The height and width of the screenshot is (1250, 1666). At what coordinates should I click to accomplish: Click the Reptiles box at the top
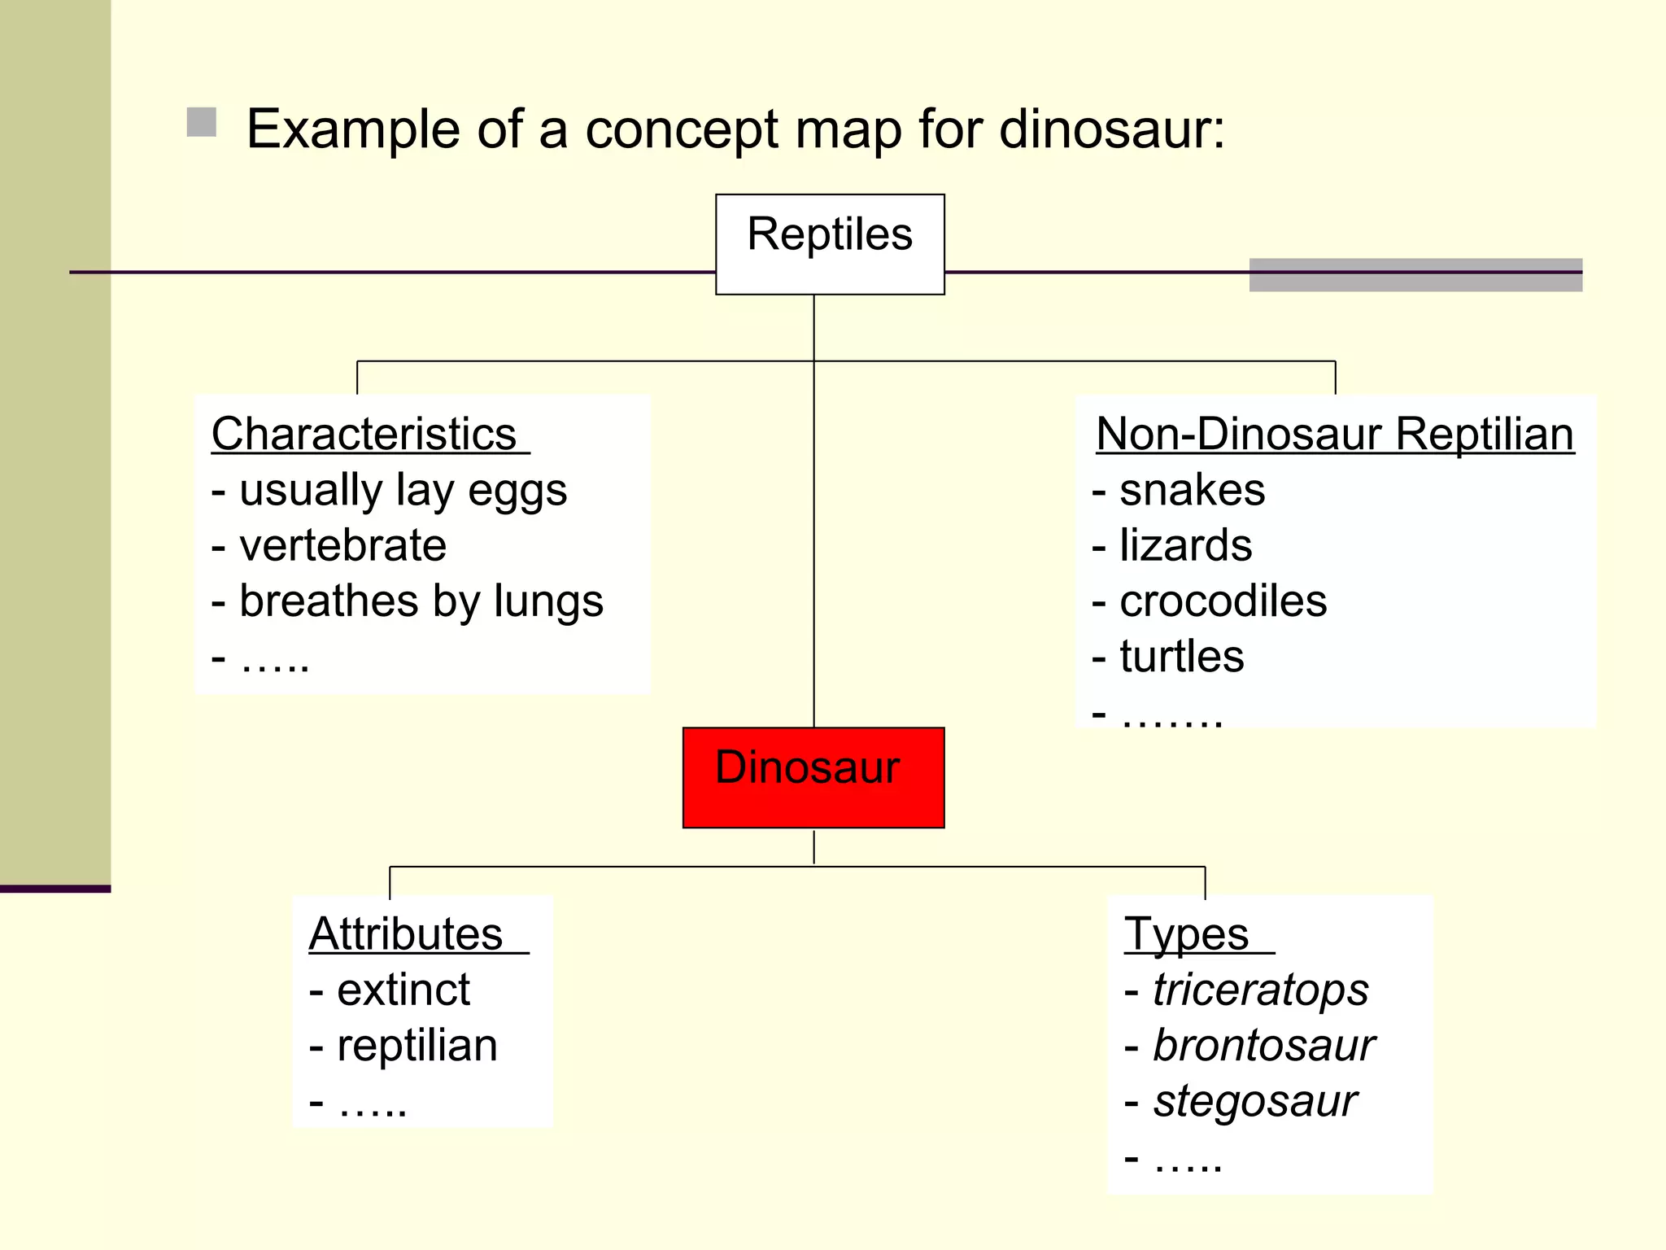point(830,243)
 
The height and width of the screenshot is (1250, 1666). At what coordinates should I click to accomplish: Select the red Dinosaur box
point(813,777)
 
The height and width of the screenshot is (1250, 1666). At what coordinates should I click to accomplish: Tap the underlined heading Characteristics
point(364,434)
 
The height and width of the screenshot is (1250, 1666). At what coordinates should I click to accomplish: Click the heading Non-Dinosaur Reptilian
point(1334,434)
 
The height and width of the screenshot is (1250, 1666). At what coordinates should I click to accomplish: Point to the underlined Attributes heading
point(406,933)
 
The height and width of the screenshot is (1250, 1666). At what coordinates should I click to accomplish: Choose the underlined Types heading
point(1187,933)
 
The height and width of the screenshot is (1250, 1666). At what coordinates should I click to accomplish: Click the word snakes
point(1193,490)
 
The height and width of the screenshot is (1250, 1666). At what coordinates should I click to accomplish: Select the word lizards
point(1186,545)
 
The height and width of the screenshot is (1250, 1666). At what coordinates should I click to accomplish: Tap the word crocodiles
point(1223,601)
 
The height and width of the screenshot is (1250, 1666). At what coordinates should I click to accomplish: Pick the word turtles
point(1182,657)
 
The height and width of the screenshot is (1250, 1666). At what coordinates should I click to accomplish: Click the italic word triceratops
point(1261,990)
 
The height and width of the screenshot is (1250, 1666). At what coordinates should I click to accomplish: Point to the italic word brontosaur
point(1264,1046)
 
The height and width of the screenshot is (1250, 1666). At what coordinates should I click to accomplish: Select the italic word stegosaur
point(1255,1101)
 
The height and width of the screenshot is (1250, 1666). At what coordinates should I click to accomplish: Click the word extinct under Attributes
point(403,990)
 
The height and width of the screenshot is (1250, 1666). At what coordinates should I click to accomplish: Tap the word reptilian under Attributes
point(417,1046)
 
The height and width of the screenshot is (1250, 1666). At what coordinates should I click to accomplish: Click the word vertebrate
point(342,545)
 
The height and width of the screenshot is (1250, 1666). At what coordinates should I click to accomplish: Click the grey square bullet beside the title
point(202,123)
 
